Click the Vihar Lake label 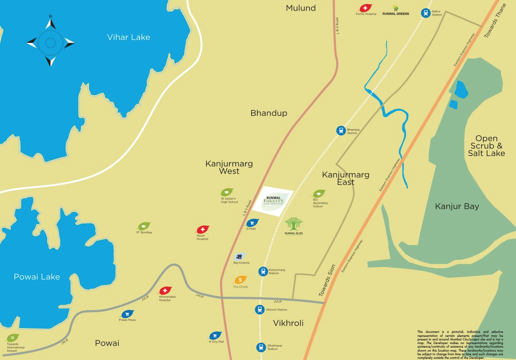[129, 38]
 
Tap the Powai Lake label [37, 277]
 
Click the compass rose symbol [50, 42]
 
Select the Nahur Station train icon [426, 13]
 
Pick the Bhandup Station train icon [341, 131]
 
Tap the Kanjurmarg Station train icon [263, 271]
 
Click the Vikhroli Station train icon [260, 309]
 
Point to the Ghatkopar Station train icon [261, 347]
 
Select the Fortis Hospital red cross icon [365, 8]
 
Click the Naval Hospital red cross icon [202, 230]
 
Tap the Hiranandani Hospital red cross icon [165, 291]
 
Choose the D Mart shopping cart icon [252, 223]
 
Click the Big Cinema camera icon [239, 257]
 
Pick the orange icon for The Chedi [240, 280]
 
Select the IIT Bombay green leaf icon [144, 226]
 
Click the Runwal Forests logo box [273, 202]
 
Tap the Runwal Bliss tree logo [294, 224]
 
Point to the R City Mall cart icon [215, 336]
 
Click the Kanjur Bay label [457, 206]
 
